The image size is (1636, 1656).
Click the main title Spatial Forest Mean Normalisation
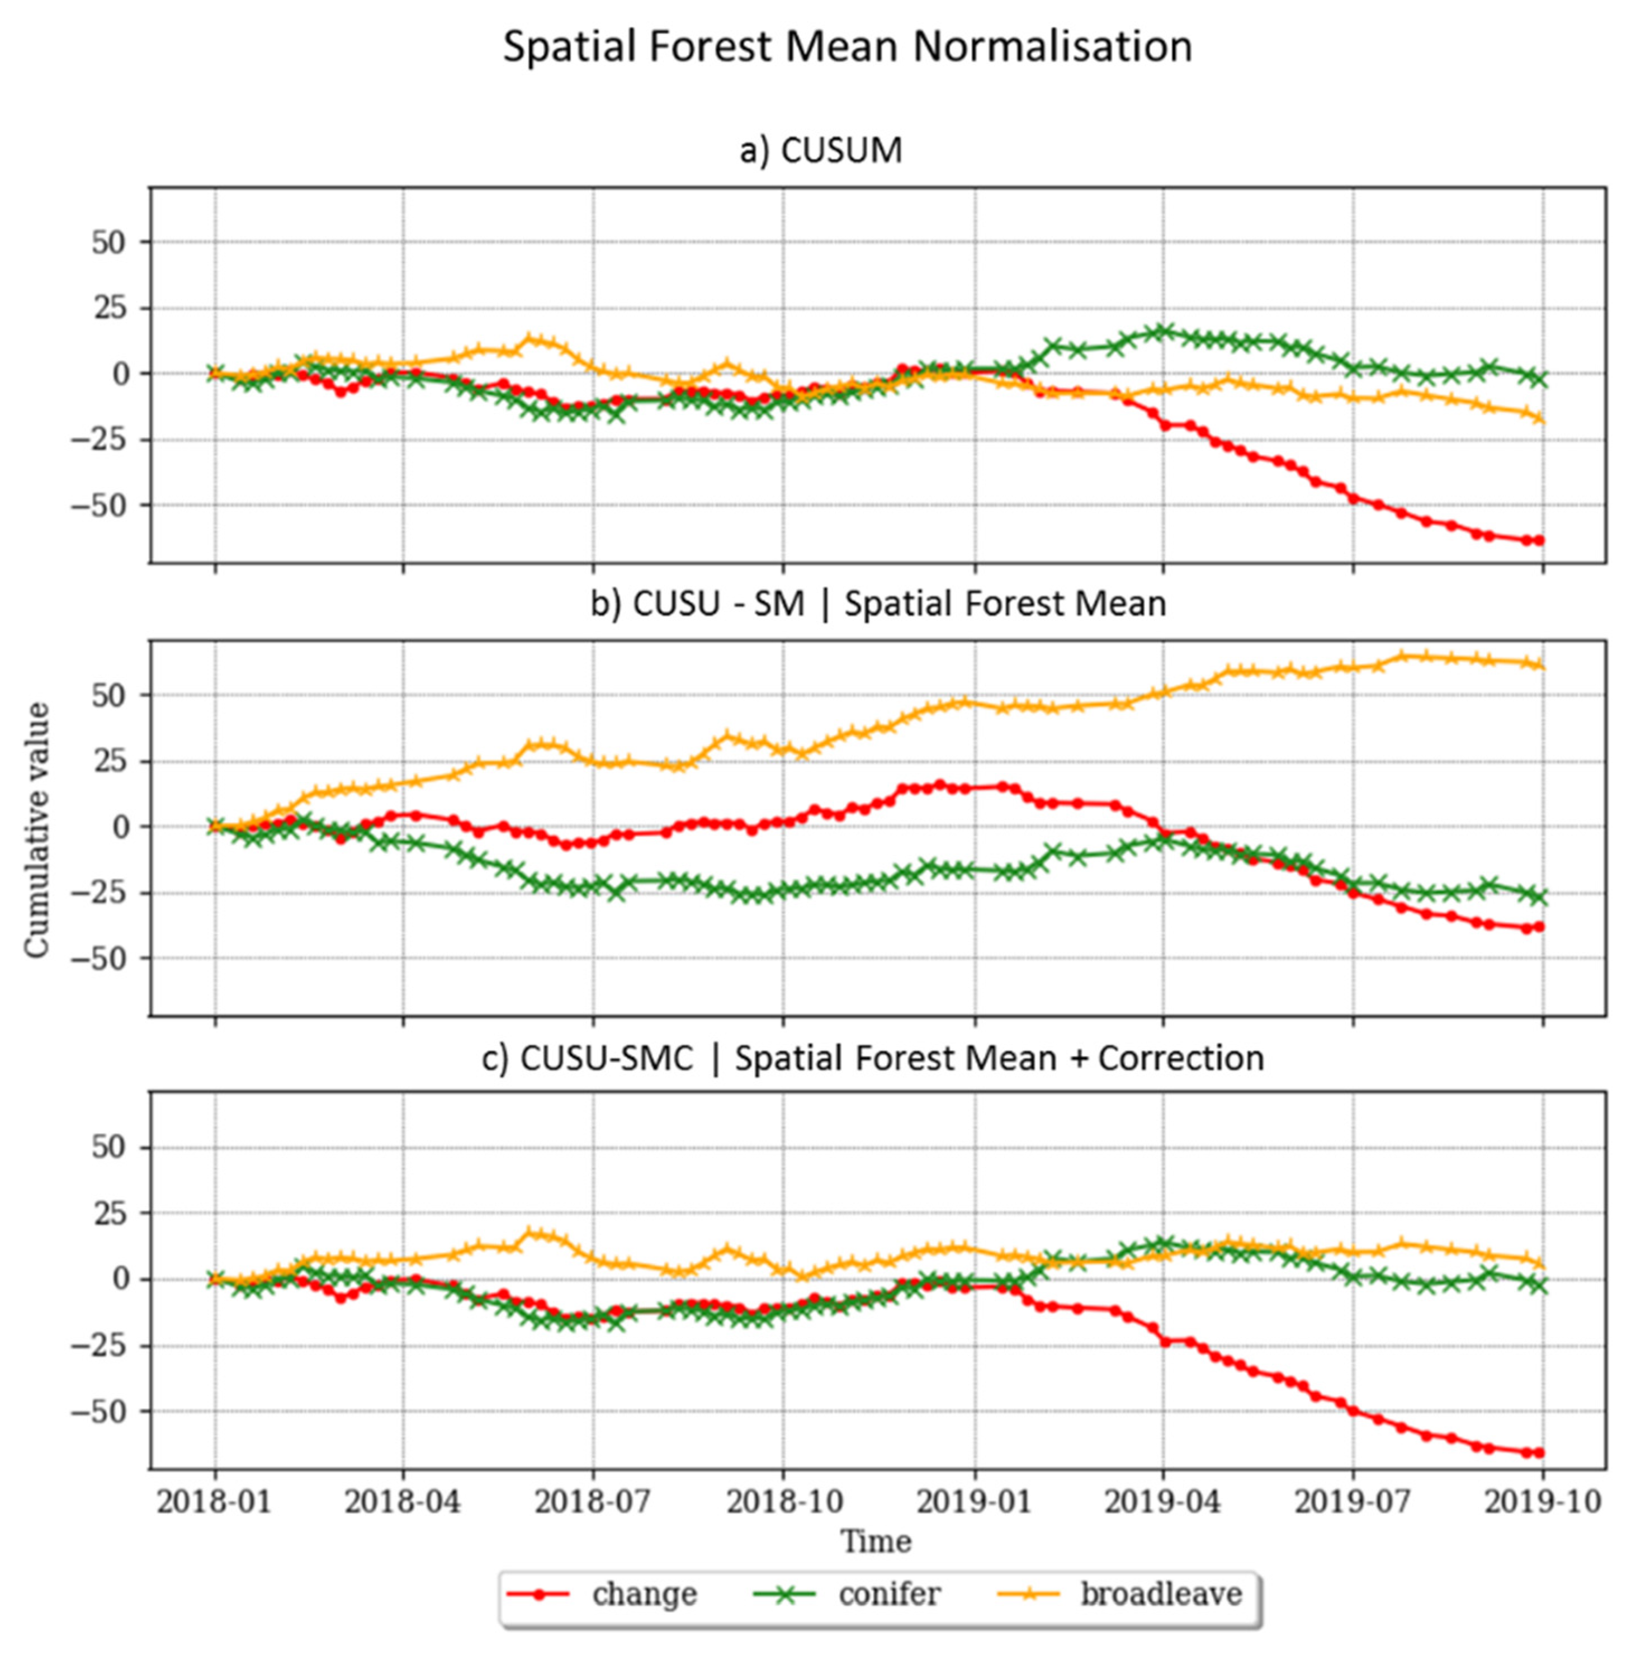[847, 47]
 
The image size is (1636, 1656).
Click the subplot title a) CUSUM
[820, 151]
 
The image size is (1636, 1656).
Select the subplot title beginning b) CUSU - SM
[878, 603]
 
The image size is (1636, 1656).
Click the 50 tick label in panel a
[109, 243]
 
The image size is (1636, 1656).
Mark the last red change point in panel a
[1540, 540]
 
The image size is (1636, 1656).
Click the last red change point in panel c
[1540, 1452]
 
